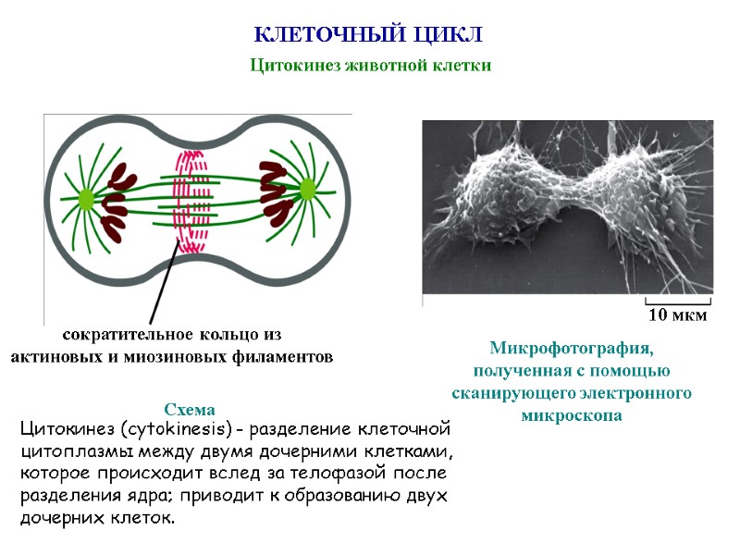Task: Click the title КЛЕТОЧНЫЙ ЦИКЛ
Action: [x=369, y=35]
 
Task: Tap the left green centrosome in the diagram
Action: [x=86, y=198]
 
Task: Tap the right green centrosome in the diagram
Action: [x=307, y=190]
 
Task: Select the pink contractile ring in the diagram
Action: [x=191, y=202]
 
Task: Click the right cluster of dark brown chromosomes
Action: [x=276, y=192]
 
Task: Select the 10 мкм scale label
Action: [x=677, y=315]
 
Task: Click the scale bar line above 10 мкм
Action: [x=677, y=302]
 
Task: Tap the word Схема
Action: [x=189, y=409]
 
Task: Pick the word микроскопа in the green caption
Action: [x=572, y=415]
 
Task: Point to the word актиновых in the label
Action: [x=57, y=357]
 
